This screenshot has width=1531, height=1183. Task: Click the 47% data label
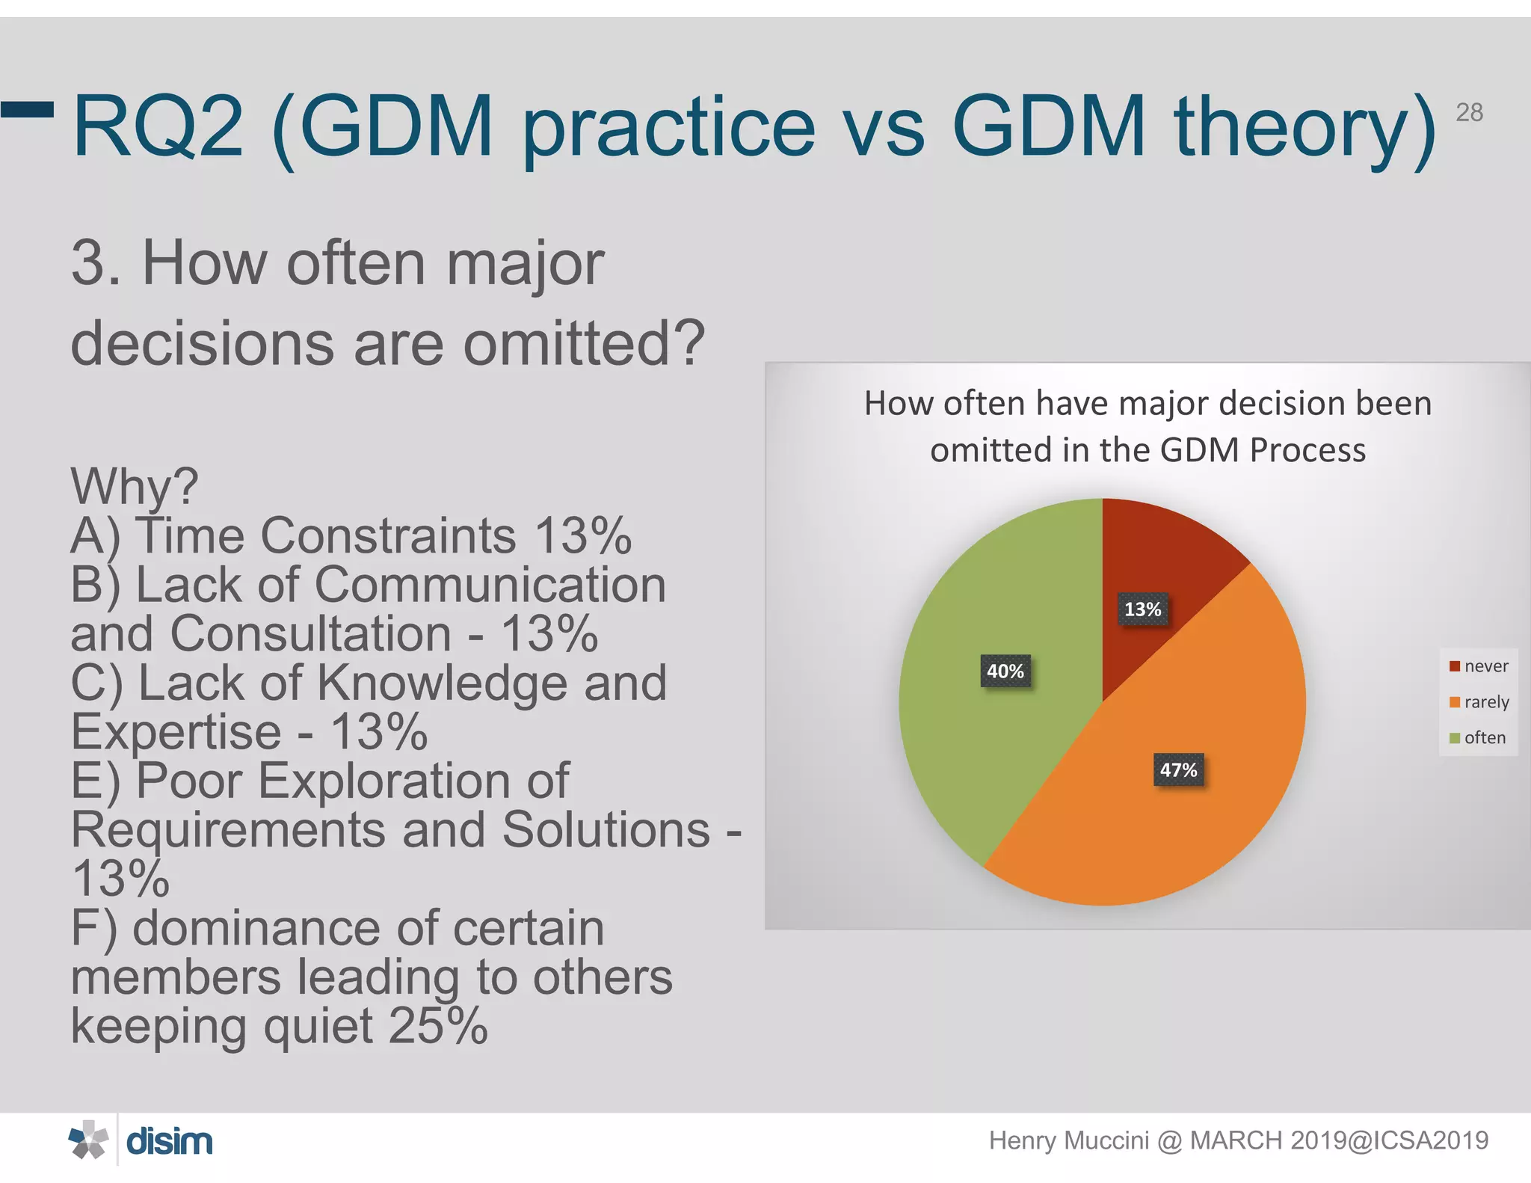1178,769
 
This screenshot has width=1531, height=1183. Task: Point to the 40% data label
1005,671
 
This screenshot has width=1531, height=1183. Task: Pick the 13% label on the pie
1142,609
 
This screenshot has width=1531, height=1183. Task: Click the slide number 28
1469,113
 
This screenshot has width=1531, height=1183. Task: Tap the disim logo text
170,1142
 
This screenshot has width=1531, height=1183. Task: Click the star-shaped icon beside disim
88,1140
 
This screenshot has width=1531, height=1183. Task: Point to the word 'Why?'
135,486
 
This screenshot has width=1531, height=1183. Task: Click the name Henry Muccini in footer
1068,1140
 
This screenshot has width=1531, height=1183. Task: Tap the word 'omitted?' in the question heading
584,343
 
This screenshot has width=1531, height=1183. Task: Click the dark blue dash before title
28,110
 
